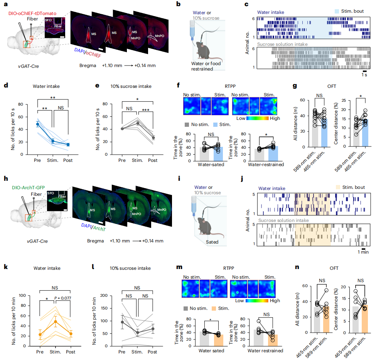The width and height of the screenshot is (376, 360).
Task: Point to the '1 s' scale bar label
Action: [x=364, y=75]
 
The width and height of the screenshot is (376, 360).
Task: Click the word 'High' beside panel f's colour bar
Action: [x=275, y=118]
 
